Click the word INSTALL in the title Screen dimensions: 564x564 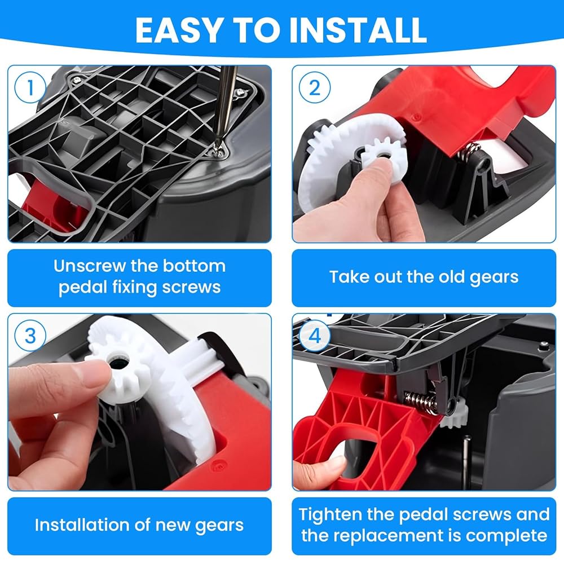pos(358,30)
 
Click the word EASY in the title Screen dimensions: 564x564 pos(178,30)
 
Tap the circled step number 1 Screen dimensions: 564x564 pos(30,87)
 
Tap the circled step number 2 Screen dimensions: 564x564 pos(315,87)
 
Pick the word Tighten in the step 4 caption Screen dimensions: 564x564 pos(331,514)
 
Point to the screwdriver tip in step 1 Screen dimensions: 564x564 pos(218,147)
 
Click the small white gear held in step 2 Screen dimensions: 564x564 pos(384,158)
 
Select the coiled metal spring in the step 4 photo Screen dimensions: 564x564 pos(421,402)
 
